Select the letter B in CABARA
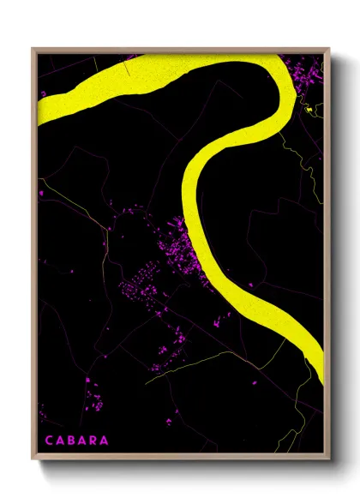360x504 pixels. [x=69, y=441]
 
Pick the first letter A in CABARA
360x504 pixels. [x=57, y=441]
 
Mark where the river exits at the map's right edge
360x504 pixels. [x=322, y=356]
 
